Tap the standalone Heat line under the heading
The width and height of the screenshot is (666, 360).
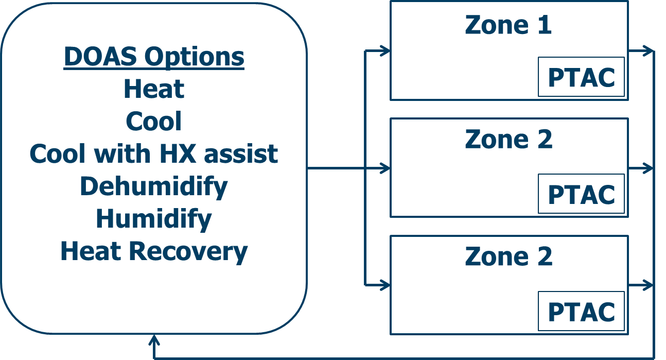click(153, 89)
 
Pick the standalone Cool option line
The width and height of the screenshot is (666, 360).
click(153, 122)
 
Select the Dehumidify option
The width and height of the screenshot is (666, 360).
click(153, 186)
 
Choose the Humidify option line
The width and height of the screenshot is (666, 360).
click(153, 218)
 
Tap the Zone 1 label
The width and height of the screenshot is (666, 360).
click(508, 25)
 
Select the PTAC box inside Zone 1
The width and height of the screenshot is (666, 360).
click(581, 77)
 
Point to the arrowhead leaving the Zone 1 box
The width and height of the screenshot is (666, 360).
click(649, 51)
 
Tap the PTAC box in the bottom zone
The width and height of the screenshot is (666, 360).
click(581, 312)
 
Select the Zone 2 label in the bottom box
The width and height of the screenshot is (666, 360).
click(508, 256)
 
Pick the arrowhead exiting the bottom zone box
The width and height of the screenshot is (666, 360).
click(649, 285)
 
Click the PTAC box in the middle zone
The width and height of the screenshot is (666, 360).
click(581, 194)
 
